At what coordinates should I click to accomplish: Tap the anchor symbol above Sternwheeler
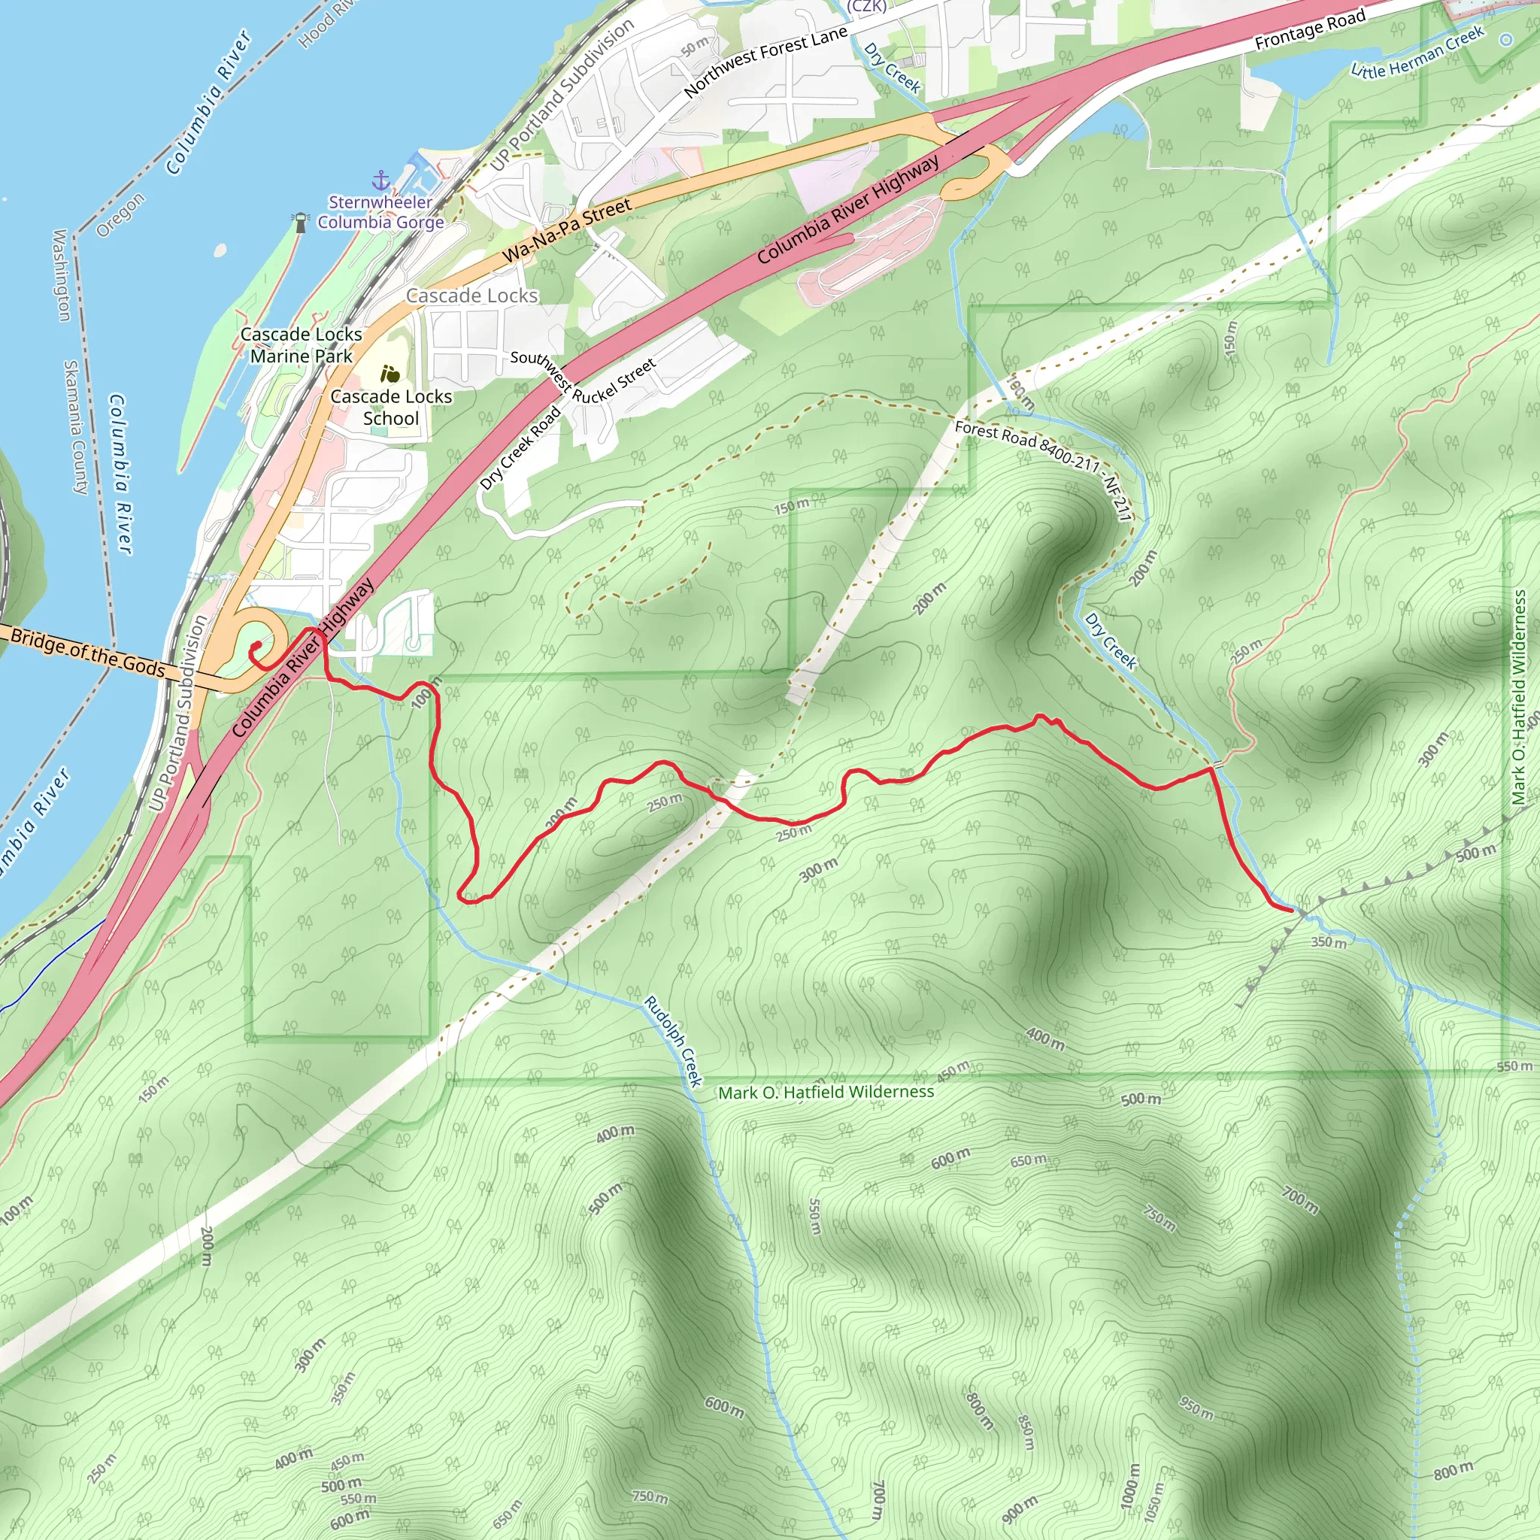(x=382, y=180)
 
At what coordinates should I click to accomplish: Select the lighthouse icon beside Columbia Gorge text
(x=301, y=222)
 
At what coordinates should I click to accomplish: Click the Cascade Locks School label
(x=390, y=408)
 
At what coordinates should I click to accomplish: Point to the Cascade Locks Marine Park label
(x=302, y=345)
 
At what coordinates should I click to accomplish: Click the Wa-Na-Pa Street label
(x=567, y=231)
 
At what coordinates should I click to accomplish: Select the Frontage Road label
(x=1310, y=30)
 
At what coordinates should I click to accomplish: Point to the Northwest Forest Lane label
(x=765, y=62)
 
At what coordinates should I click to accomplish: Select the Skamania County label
(x=76, y=426)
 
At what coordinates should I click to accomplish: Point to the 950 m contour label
(x=1196, y=1408)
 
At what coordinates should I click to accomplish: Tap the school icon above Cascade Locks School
(x=390, y=373)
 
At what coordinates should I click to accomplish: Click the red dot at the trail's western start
(x=257, y=647)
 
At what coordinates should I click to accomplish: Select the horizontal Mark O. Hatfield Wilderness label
(x=826, y=1092)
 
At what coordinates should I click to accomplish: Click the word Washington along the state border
(x=61, y=274)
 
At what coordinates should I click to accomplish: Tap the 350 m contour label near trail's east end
(x=1329, y=942)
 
